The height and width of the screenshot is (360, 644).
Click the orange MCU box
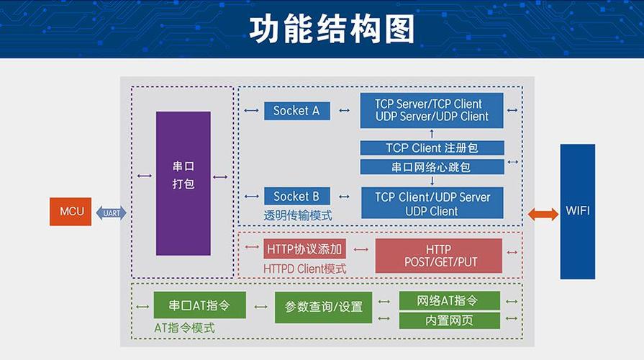71,212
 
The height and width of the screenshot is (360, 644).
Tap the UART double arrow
112,212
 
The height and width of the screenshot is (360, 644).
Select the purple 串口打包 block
183,183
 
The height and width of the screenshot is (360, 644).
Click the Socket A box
296,111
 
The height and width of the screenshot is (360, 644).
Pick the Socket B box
296,197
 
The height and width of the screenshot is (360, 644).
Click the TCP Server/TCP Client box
431,110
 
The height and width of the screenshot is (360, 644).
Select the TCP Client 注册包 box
431,148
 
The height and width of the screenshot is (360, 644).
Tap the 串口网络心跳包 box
431,167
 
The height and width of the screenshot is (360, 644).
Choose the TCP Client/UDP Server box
431,204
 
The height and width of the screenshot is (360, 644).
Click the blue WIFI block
577,212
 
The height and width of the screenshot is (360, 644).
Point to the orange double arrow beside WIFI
543,214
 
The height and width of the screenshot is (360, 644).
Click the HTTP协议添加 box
305,250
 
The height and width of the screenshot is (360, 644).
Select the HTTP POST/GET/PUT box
438,256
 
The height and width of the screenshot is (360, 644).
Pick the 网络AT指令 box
448,300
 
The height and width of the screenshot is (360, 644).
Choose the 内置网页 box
448,320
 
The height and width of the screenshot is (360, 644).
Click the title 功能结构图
322,30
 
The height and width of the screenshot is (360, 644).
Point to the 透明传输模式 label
298,215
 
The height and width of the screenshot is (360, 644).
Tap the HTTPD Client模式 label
304,269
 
